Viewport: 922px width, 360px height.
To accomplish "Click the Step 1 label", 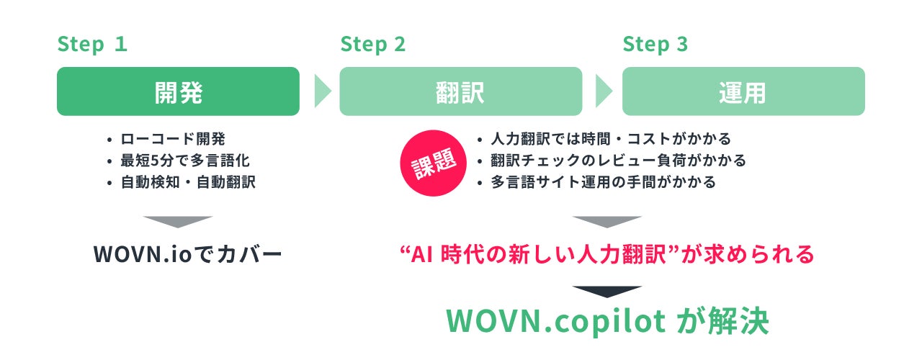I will tap(92, 45).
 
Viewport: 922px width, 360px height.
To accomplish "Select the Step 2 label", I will tap(373, 45).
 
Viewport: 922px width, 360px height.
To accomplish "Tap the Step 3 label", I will tap(655, 45).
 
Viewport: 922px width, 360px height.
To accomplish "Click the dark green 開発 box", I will tap(178, 91).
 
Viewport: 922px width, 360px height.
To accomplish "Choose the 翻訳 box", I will tap(460, 91).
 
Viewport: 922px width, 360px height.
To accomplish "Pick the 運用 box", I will tap(743, 91).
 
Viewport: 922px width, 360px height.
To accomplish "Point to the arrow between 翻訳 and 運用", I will tap(603, 91).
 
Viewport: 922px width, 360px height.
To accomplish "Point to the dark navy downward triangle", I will tap(607, 291).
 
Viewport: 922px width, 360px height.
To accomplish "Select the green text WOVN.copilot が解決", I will tap(607, 322).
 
